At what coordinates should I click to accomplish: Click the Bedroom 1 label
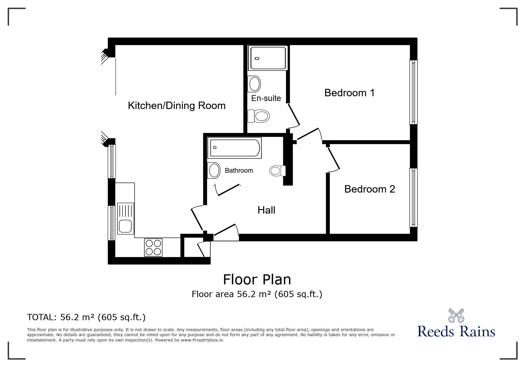(x=349, y=93)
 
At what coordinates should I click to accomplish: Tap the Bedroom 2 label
(x=369, y=189)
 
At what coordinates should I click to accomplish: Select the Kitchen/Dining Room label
(x=177, y=105)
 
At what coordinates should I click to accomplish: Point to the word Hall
(x=266, y=210)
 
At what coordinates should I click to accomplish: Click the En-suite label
(x=266, y=98)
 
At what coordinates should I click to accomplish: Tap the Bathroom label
(x=239, y=171)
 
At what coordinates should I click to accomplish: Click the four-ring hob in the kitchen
(x=153, y=247)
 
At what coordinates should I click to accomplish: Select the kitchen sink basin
(x=125, y=226)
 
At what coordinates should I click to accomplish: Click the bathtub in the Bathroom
(x=235, y=148)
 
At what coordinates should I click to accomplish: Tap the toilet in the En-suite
(x=259, y=116)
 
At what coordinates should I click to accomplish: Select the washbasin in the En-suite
(x=255, y=84)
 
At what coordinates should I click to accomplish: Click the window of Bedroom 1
(x=413, y=92)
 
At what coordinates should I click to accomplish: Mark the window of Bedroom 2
(x=413, y=198)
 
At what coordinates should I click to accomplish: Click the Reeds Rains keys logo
(x=456, y=315)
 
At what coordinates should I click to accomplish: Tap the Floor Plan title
(x=257, y=279)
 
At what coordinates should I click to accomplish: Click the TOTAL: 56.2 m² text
(x=86, y=317)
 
